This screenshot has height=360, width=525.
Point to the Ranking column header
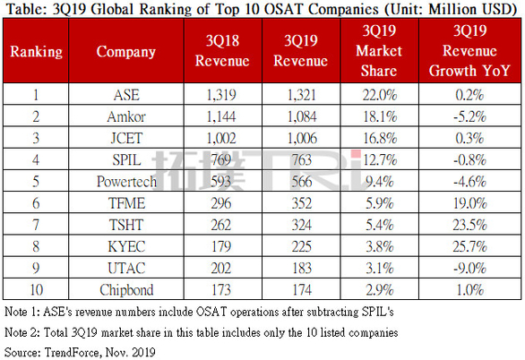(x=36, y=52)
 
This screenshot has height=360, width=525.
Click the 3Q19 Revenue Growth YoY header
(x=473, y=52)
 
